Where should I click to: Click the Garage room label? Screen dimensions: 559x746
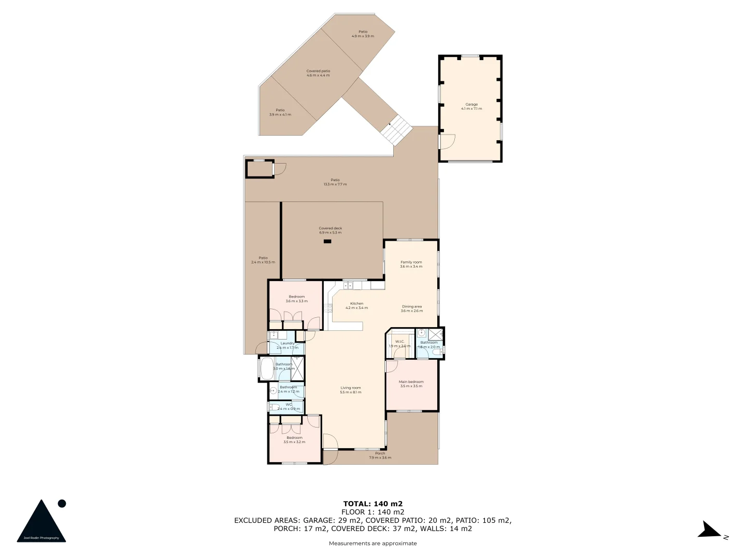pyautogui.click(x=471, y=105)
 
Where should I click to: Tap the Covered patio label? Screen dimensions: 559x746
pyautogui.click(x=318, y=71)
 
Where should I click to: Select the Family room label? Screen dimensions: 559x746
pyautogui.click(x=411, y=262)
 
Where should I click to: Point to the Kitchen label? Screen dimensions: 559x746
pyautogui.click(x=356, y=304)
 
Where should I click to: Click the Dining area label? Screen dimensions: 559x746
pyautogui.click(x=412, y=306)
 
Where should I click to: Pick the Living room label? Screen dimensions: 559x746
pyautogui.click(x=351, y=388)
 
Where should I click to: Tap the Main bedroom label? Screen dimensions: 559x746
pyautogui.click(x=411, y=382)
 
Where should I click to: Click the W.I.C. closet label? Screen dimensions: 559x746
pyautogui.click(x=399, y=342)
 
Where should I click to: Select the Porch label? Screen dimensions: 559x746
pyautogui.click(x=380, y=453)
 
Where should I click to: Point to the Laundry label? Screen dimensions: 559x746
pyautogui.click(x=288, y=343)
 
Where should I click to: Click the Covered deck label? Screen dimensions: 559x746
pyautogui.click(x=331, y=228)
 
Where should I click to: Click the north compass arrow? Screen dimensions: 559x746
pyautogui.click(x=709, y=531)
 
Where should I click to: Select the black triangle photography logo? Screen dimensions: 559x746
pyautogui.click(x=41, y=522)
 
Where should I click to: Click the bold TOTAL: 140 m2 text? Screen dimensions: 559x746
pyautogui.click(x=373, y=504)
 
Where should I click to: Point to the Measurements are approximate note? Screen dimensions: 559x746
pyautogui.click(x=373, y=543)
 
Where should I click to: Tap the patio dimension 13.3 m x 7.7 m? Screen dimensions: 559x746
pyautogui.click(x=335, y=184)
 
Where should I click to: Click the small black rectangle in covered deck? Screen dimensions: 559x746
pyautogui.click(x=327, y=241)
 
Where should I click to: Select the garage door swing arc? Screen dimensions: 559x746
pyautogui.click(x=448, y=141)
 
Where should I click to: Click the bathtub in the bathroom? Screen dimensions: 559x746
pyautogui.click(x=266, y=369)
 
